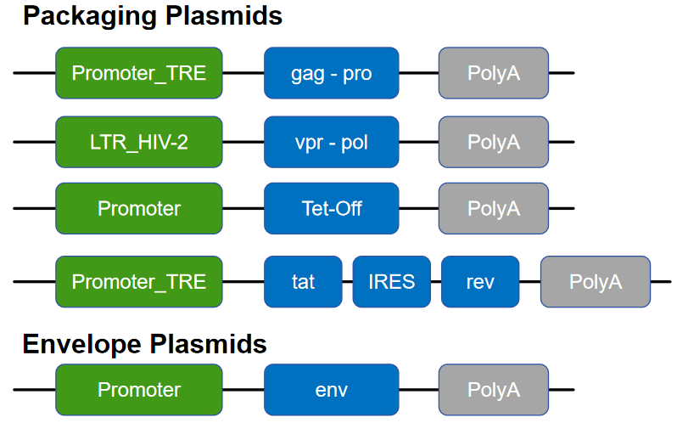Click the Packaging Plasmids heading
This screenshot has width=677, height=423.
click(x=152, y=15)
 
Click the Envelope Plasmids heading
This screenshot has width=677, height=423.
click(x=144, y=344)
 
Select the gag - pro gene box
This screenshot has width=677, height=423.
click(x=331, y=73)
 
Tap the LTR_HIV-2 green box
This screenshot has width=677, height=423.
click(x=138, y=142)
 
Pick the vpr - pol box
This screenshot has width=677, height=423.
click(x=331, y=142)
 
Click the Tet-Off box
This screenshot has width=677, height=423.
click(x=331, y=208)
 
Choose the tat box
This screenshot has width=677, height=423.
click(x=303, y=281)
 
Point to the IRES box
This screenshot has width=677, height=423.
click(x=391, y=281)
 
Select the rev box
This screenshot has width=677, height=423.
click(x=479, y=281)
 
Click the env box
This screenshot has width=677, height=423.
click(x=331, y=390)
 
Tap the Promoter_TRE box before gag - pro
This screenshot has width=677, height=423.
click(x=138, y=73)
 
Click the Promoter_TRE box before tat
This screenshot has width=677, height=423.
click(x=138, y=281)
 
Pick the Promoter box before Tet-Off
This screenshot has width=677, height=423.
click(x=138, y=208)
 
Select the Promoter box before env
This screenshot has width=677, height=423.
click(x=138, y=390)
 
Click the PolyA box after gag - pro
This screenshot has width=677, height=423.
click(x=493, y=73)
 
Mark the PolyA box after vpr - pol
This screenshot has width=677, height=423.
click(x=493, y=142)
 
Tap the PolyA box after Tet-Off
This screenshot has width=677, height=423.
click(x=493, y=208)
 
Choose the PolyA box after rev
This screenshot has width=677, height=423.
click(x=595, y=281)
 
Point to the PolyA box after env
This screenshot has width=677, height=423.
click(x=493, y=390)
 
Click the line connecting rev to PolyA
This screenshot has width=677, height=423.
click(x=529, y=281)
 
